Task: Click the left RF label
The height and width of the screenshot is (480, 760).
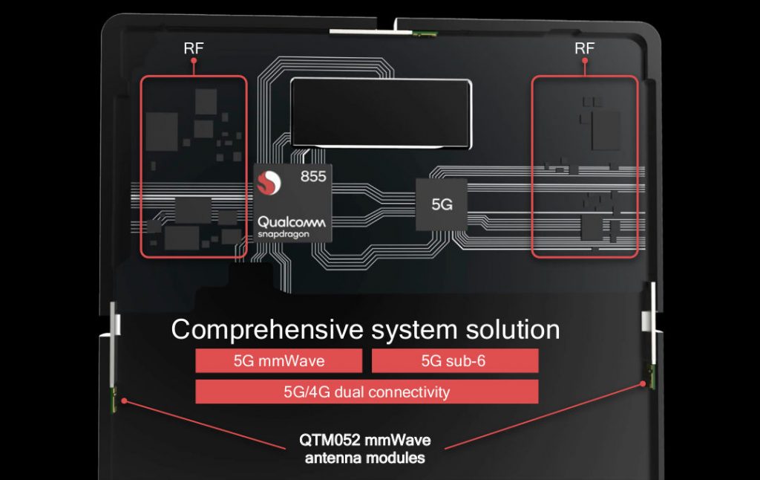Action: click(x=194, y=48)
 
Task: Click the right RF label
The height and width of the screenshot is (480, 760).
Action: click(x=585, y=48)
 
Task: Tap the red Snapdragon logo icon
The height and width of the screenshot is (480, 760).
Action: click(x=269, y=183)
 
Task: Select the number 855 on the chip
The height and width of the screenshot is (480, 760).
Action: click(x=313, y=176)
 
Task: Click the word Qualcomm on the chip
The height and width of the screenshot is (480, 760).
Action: click(x=292, y=222)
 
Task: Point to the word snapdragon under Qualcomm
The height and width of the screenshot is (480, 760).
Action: click(x=283, y=234)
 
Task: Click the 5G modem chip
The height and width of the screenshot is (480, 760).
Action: click(x=442, y=204)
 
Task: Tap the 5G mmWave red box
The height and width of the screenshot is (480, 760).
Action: click(x=279, y=360)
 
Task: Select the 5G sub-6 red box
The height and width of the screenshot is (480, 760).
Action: click(x=455, y=360)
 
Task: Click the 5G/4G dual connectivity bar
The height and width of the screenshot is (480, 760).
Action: click(x=367, y=392)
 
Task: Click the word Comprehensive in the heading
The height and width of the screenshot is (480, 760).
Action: click(x=267, y=330)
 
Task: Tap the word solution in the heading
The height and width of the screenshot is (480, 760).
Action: click(x=513, y=330)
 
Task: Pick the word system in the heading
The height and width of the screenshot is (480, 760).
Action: click(x=414, y=331)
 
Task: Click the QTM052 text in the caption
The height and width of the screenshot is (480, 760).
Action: click(x=330, y=440)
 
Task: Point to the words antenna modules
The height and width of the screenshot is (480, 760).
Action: click(x=365, y=458)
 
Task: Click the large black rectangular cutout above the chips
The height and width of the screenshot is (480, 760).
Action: click(x=381, y=113)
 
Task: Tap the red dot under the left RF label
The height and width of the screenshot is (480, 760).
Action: click(x=194, y=61)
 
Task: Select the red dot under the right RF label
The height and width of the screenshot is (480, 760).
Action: click(x=585, y=61)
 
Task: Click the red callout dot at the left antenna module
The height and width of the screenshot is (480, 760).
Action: click(x=125, y=401)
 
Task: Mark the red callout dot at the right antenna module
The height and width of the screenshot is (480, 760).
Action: click(x=643, y=383)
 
